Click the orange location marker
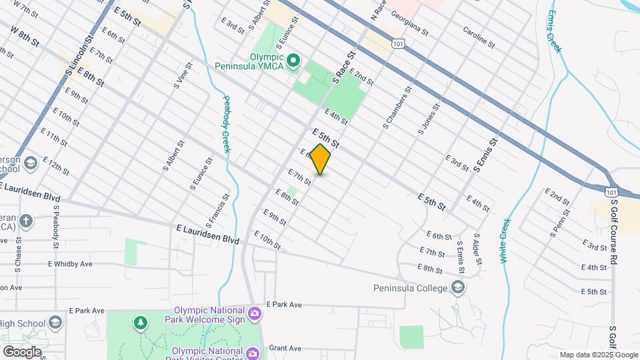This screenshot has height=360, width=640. (x=321, y=159)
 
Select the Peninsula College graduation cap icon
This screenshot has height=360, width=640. (x=457, y=288)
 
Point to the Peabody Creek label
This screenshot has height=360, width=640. (x=226, y=123)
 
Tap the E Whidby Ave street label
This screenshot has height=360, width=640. (x=70, y=264)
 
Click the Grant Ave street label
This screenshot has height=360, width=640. (x=285, y=348)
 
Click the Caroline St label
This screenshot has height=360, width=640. (x=479, y=38)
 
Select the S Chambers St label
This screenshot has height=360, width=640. (x=395, y=107)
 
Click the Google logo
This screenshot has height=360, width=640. (x=21, y=352)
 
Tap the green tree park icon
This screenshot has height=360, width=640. (x=141, y=323)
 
